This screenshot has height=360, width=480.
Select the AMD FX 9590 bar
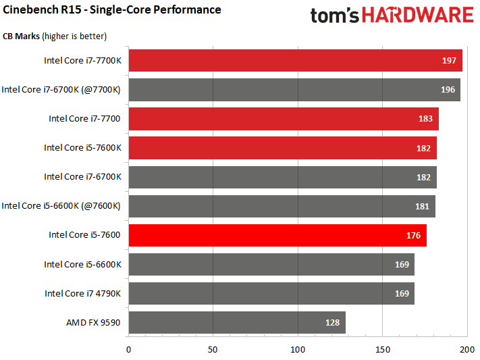tap(236, 322)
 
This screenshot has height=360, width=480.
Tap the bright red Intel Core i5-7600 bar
tap(270, 235)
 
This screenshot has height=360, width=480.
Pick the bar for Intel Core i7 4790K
tap(270, 293)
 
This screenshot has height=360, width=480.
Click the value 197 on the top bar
tap(449, 61)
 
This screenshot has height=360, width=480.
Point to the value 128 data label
tap(332, 323)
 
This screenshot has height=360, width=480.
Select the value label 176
tap(413, 236)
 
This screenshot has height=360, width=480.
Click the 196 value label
tap(447, 90)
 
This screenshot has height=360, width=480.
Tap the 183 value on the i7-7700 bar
tap(425, 119)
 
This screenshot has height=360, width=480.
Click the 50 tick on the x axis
tap(213, 349)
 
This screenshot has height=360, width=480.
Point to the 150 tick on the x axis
tap(383, 349)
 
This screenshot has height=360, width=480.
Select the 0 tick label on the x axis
tap(128, 349)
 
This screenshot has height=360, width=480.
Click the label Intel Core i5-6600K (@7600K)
tap(61, 206)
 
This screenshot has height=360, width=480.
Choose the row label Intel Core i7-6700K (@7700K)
tap(61, 89)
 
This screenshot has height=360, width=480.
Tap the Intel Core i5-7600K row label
tap(82, 147)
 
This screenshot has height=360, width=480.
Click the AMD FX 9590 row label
tap(93, 322)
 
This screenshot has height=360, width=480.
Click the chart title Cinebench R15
tap(112, 9)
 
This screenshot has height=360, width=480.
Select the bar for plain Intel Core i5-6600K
tap(270, 264)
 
